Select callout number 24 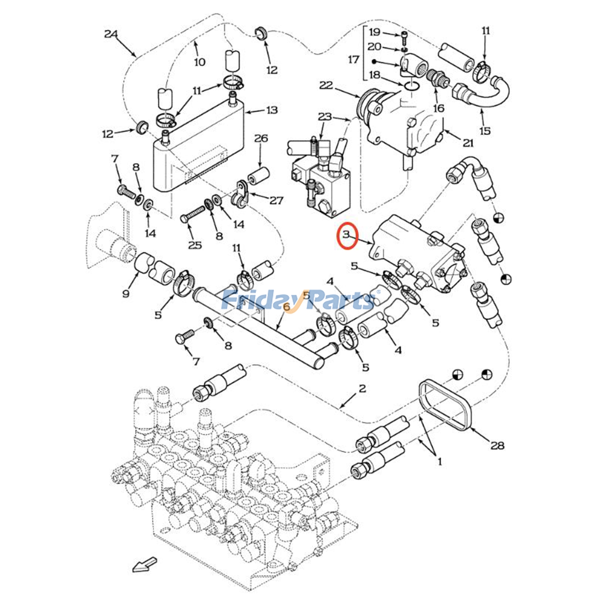(111, 34)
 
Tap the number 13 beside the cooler (272, 110)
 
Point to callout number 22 (326, 85)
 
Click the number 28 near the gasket (497, 445)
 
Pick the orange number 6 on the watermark (287, 307)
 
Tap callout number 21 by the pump (468, 143)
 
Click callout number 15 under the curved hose (485, 131)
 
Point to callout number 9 (126, 293)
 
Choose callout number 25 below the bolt (195, 245)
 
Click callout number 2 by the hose (362, 388)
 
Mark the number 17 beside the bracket (353, 59)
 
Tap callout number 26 (261, 138)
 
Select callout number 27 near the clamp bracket (277, 200)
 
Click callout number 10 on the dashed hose (200, 62)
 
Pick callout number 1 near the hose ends (439, 461)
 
